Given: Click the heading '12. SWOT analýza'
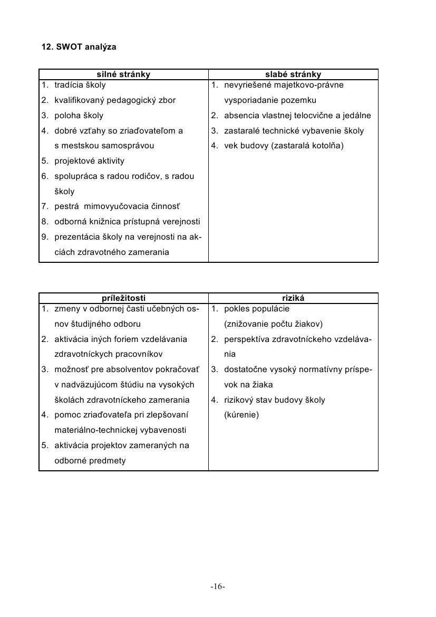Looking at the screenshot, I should click(x=79, y=47).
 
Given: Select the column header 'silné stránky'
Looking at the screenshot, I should click(x=123, y=74).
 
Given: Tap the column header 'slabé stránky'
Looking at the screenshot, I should click(x=293, y=74).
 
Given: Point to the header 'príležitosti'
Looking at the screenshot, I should click(x=123, y=298).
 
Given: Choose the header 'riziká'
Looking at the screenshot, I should click(x=293, y=298).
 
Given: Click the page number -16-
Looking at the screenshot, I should click(x=218, y=586).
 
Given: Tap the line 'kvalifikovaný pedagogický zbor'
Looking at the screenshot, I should click(x=115, y=100).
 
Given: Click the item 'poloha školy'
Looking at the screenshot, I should click(x=79, y=116).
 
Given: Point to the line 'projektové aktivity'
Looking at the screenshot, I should click(x=90, y=161).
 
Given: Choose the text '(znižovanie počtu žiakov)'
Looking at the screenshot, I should click(x=273, y=324).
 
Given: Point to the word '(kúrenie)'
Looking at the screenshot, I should click(x=241, y=415).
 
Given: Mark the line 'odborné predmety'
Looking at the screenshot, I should click(x=90, y=461).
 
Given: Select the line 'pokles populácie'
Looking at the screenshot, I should click(x=257, y=309).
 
